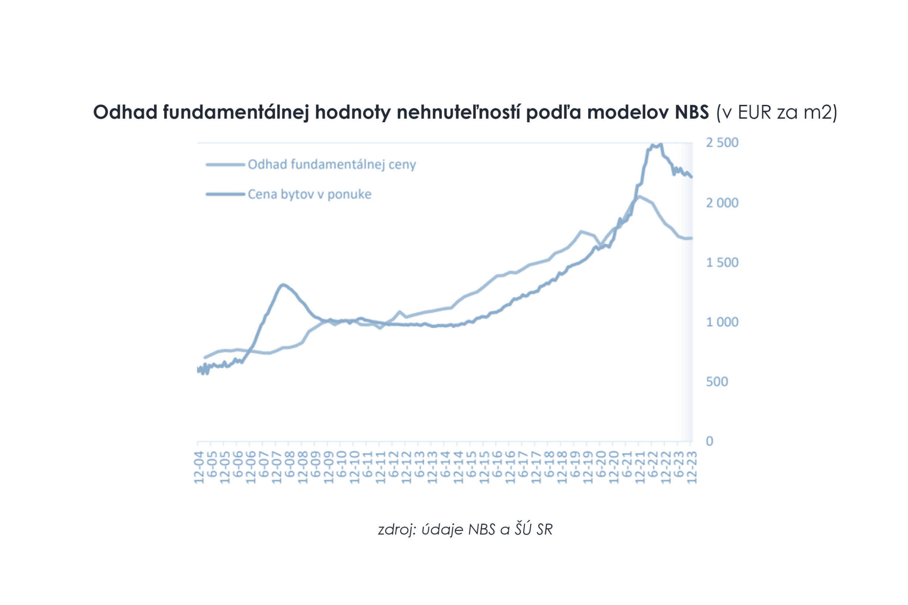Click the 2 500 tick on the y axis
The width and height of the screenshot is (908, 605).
coord(722,143)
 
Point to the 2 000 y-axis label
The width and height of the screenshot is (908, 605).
coord(722,203)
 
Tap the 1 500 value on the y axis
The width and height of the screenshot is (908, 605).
coord(722,263)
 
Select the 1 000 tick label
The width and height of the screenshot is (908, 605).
coord(722,322)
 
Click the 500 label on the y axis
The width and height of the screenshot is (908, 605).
coord(717,382)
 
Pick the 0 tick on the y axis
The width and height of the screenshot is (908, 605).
coord(710,441)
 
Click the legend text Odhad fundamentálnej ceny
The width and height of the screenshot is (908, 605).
coord(331,165)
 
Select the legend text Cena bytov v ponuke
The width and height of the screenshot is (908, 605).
coord(309,194)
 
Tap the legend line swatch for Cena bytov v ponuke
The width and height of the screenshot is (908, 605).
coord(225,194)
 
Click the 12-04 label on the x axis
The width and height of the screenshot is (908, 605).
coord(199,467)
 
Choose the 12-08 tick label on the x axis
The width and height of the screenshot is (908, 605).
coord(303,467)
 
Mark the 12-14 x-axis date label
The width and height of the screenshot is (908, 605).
coord(458,467)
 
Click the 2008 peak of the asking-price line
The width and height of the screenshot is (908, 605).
coord(283,285)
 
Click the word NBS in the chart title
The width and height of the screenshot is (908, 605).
coord(691,112)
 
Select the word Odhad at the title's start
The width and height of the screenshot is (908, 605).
coord(125,112)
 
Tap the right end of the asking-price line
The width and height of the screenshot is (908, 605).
coord(692,177)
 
